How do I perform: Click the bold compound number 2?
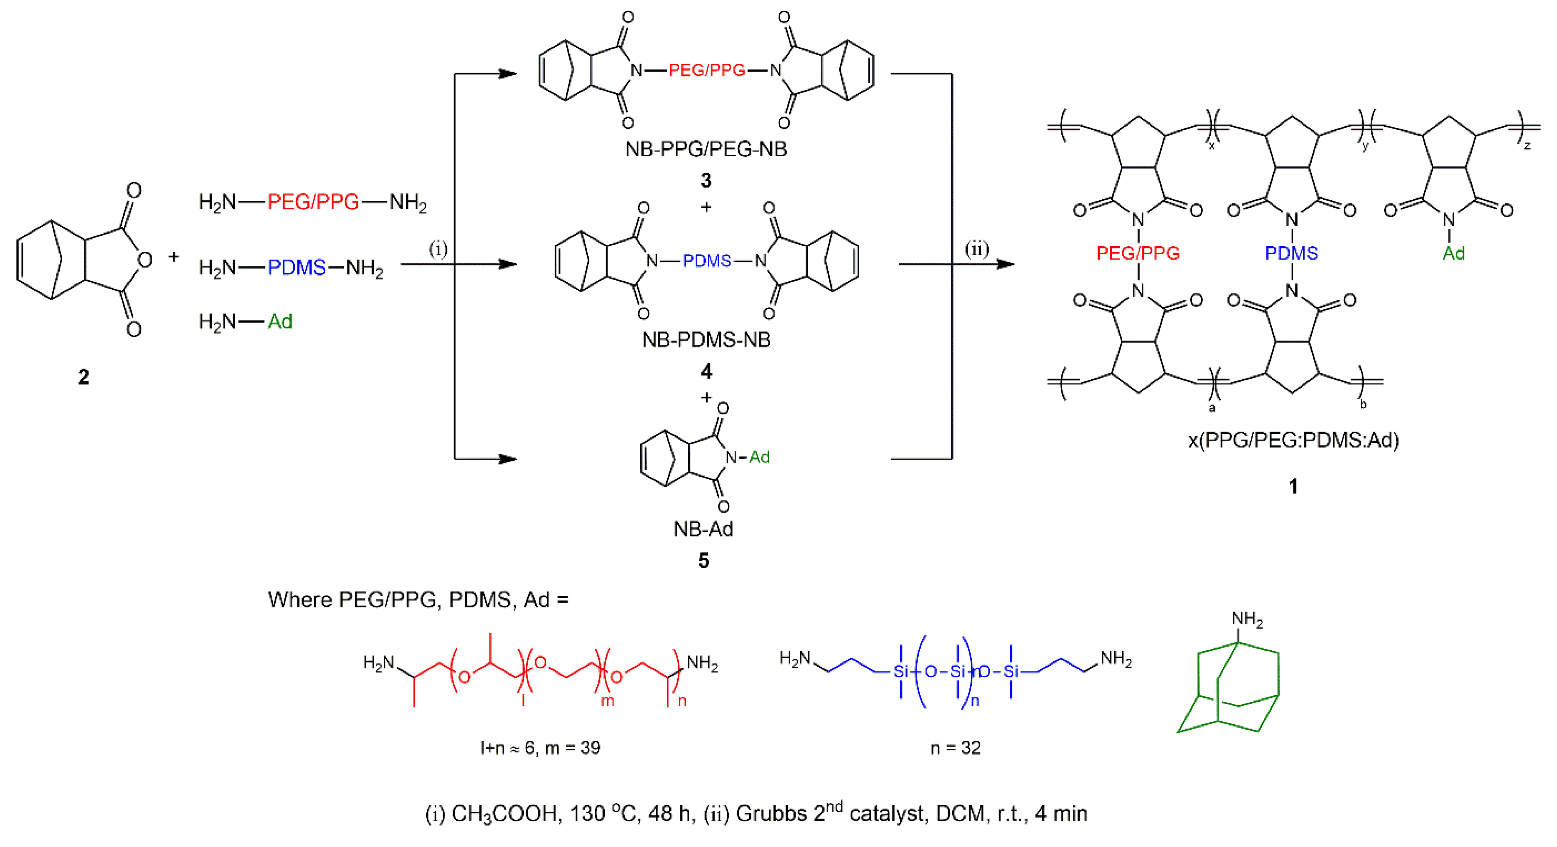[84, 377]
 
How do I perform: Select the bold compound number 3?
[705, 180]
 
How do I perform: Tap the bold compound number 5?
[704, 561]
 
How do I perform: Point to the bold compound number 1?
[1293, 486]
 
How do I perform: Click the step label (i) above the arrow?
[438, 249]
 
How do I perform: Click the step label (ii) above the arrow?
[976, 249]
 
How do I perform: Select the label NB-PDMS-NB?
[706, 340]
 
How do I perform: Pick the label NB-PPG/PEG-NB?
[706, 149]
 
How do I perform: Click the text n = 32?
[955, 748]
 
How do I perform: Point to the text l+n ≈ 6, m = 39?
[540, 748]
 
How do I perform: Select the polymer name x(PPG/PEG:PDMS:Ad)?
[1293, 440]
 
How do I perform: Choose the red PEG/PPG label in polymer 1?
[1138, 253]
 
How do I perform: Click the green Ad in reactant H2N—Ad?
[280, 321]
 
